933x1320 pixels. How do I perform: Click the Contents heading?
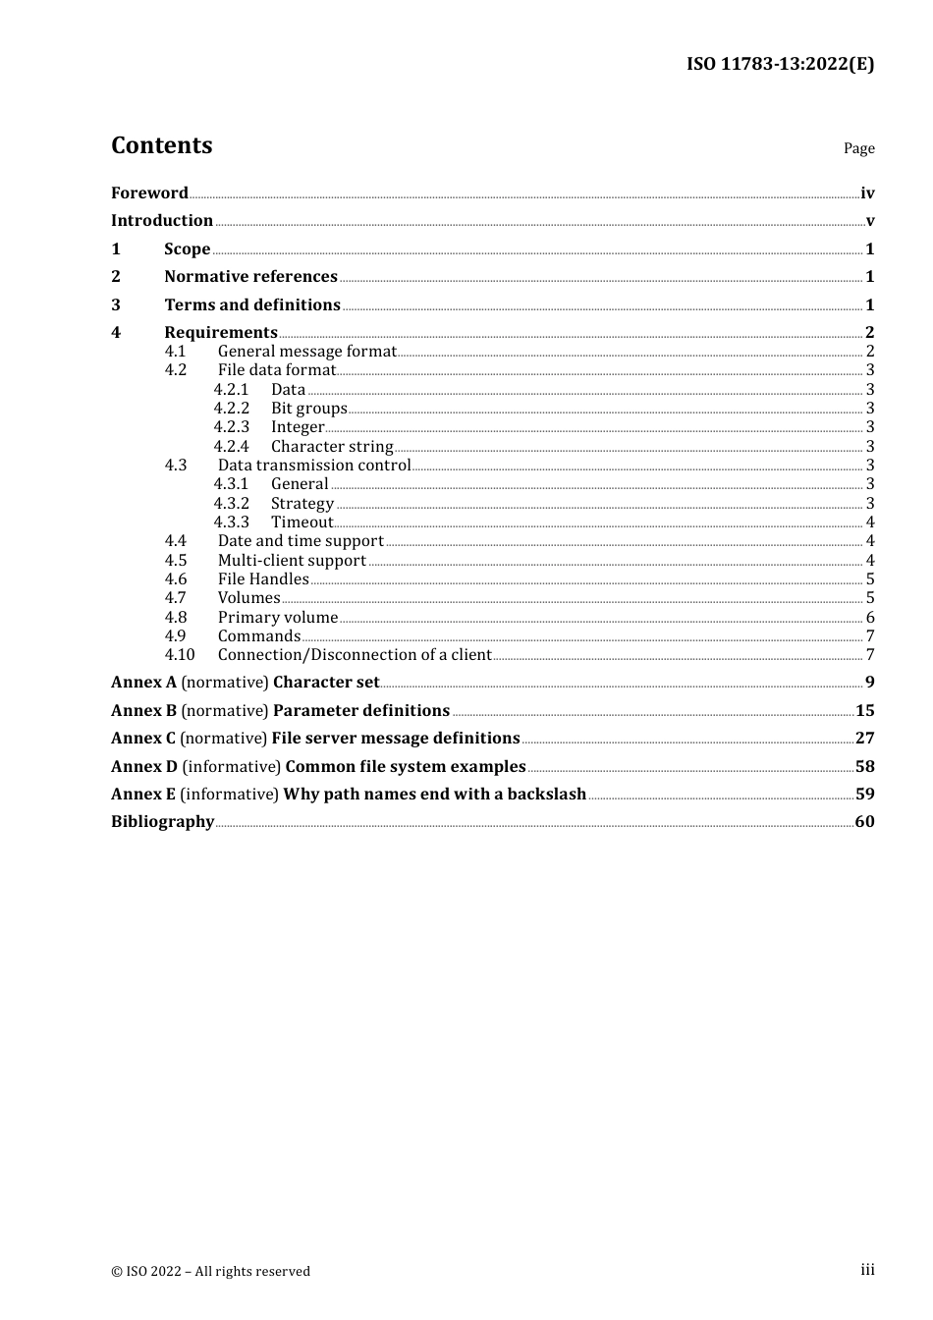coord(161,145)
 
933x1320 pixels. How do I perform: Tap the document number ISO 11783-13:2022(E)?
coord(780,64)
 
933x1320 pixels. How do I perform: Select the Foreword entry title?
coord(149,192)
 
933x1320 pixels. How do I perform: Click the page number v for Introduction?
coord(869,221)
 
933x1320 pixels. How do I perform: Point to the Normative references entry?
coord(250,277)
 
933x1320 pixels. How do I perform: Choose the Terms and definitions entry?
coord(252,304)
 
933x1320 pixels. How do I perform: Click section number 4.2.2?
coord(232,409)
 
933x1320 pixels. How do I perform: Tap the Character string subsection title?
coord(332,447)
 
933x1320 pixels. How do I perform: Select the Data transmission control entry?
coord(314,466)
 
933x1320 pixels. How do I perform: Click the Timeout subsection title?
coord(302,522)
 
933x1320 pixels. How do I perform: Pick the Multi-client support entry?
coord(292,561)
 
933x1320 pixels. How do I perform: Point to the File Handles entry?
coord(263,579)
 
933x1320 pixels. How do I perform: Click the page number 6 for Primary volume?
coord(870,618)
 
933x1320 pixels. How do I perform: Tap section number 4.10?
coord(180,655)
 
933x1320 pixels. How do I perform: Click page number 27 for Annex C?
coord(864,739)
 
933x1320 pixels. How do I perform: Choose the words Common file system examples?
coord(406,767)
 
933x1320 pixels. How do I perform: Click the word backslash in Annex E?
coord(546,795)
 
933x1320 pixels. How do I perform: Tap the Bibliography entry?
coord(162,822)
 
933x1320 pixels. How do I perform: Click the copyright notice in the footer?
coord(210,1271)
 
